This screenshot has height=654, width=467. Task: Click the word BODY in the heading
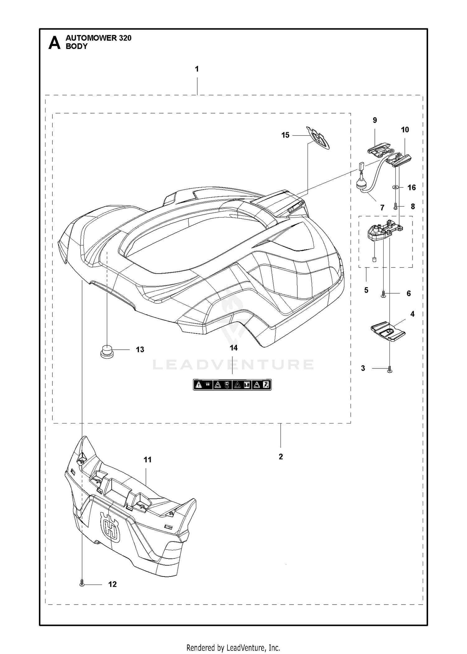pos(77,46)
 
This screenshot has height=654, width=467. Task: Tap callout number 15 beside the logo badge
pos(285,135)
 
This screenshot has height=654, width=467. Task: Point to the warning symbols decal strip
pos(232,385)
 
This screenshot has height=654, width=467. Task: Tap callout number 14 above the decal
pos(233,348)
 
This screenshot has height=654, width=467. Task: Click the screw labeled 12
pos(82,582)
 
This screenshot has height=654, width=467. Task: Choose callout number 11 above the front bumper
pos(147,460)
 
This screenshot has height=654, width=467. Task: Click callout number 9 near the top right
pos(375,120)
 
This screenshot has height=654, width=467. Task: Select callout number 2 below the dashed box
pos(281,456)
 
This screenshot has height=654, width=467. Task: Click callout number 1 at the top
pos(197,69)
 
